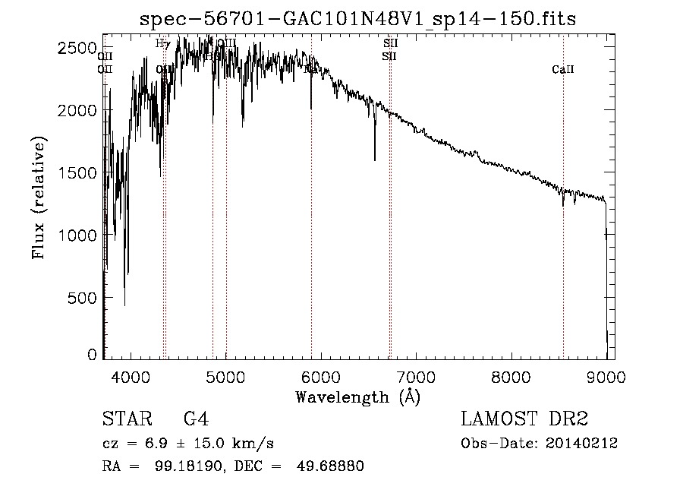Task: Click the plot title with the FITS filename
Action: [358, 18]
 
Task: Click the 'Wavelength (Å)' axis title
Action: [357, 397]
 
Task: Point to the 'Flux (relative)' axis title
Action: [39, 197]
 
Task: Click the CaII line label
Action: [563, 70]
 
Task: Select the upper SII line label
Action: [390, 43]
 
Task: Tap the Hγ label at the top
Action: [162, 43]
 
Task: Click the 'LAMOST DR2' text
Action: [524, 419]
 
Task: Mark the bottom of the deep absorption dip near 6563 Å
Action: [374, 160]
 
